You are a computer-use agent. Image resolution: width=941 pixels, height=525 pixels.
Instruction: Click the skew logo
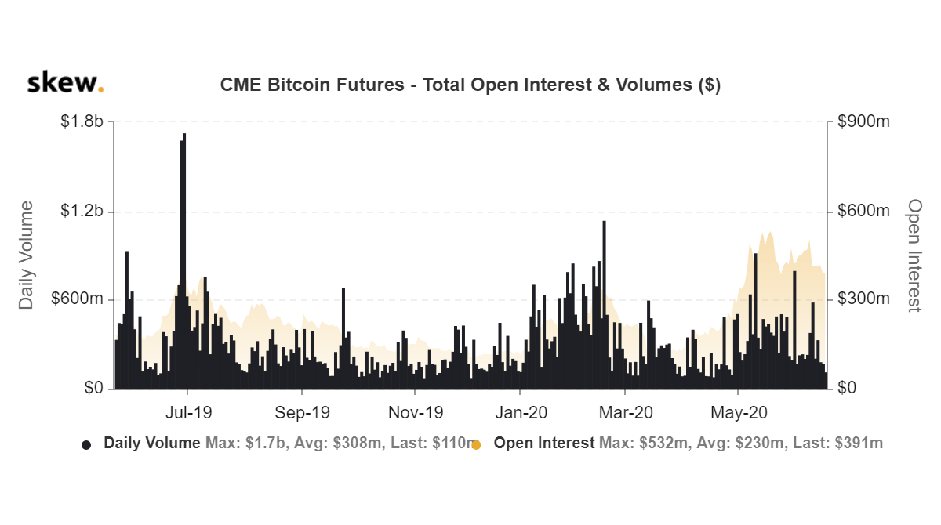(x=65, y=83)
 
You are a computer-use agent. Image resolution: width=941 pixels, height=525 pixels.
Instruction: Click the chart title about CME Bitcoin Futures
(x=470, y=85)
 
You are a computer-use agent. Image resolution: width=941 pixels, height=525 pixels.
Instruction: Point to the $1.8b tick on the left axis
(x=82, y=122)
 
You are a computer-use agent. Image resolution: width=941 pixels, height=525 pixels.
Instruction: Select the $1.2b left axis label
(x=82, y=212)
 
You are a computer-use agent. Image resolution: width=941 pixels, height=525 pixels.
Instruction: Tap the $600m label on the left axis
(x=78, y=300)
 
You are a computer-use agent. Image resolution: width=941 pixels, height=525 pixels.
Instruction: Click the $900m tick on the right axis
(x=863, y=122)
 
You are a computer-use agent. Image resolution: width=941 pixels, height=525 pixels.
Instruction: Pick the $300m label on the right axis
(x=863, y=300)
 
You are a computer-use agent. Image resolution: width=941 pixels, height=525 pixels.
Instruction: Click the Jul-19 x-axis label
(x=188, y=412)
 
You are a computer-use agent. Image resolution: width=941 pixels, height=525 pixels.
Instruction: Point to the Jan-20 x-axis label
(x=521, y=412)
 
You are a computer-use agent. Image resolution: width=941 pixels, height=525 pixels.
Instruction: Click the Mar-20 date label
(x=627, y=412)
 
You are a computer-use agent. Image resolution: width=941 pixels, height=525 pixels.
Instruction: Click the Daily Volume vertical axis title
(x=27, y=255)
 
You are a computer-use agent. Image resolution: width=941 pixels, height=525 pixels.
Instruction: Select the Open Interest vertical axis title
(x=914, y=255)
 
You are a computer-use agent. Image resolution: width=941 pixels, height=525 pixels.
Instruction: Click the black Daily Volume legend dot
(x=86, y=444)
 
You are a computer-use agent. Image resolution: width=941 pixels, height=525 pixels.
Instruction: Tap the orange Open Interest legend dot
(x=476, y=444)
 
